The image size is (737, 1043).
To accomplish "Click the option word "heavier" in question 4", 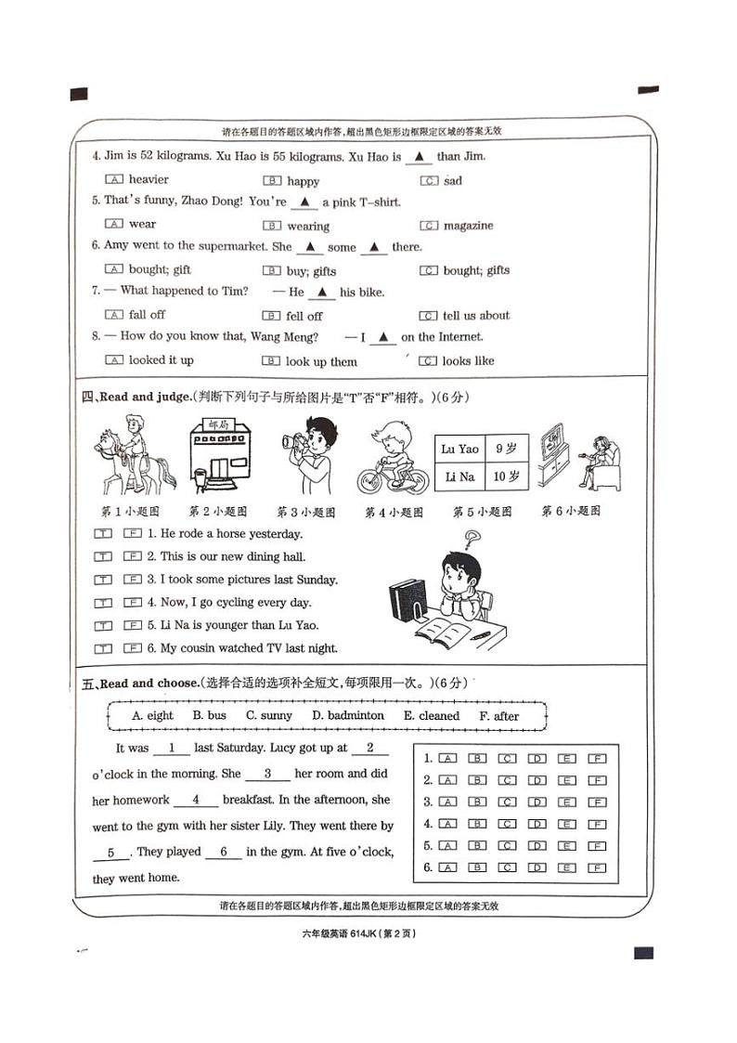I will coord(149,179).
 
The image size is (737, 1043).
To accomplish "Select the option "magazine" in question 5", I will coord(468,226).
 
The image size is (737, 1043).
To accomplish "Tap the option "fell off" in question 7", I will coord(304,316).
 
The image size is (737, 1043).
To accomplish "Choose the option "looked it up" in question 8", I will coord(161,360).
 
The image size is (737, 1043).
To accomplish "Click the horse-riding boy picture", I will coord(133,457).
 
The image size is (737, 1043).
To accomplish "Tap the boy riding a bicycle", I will coord(394,458).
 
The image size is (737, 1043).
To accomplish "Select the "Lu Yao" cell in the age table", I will coord(460,450).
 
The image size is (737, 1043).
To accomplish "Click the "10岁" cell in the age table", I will coord(507,477).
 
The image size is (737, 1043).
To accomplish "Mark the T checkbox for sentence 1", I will coord(103,534).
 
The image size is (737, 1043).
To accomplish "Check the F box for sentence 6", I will coord(132,649).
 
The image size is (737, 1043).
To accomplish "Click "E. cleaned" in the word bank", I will coord(432,716).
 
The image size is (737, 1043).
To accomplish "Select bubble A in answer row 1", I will coord(447,758).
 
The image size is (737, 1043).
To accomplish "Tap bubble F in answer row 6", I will coord(597,868).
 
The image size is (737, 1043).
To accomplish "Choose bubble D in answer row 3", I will coord(537,802).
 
